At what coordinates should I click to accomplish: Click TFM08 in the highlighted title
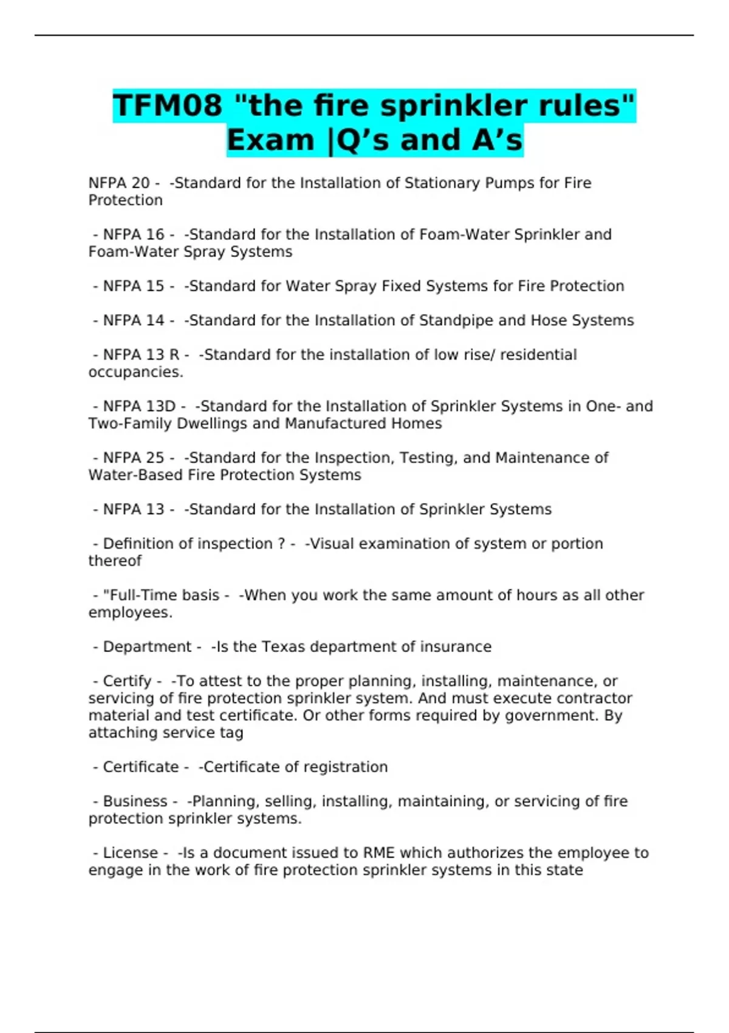(168, 106)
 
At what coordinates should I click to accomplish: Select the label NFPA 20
(119, 183)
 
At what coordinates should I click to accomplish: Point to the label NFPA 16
(134, 235)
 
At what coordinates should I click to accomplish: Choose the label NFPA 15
(134, 286)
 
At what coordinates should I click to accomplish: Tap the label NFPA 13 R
(141, 355)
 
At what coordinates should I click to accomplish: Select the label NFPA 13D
(139, 406)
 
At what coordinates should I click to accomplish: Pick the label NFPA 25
(134, 458)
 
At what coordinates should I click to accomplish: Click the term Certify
(127, 681)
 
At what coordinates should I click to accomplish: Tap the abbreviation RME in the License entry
(379, 853)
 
